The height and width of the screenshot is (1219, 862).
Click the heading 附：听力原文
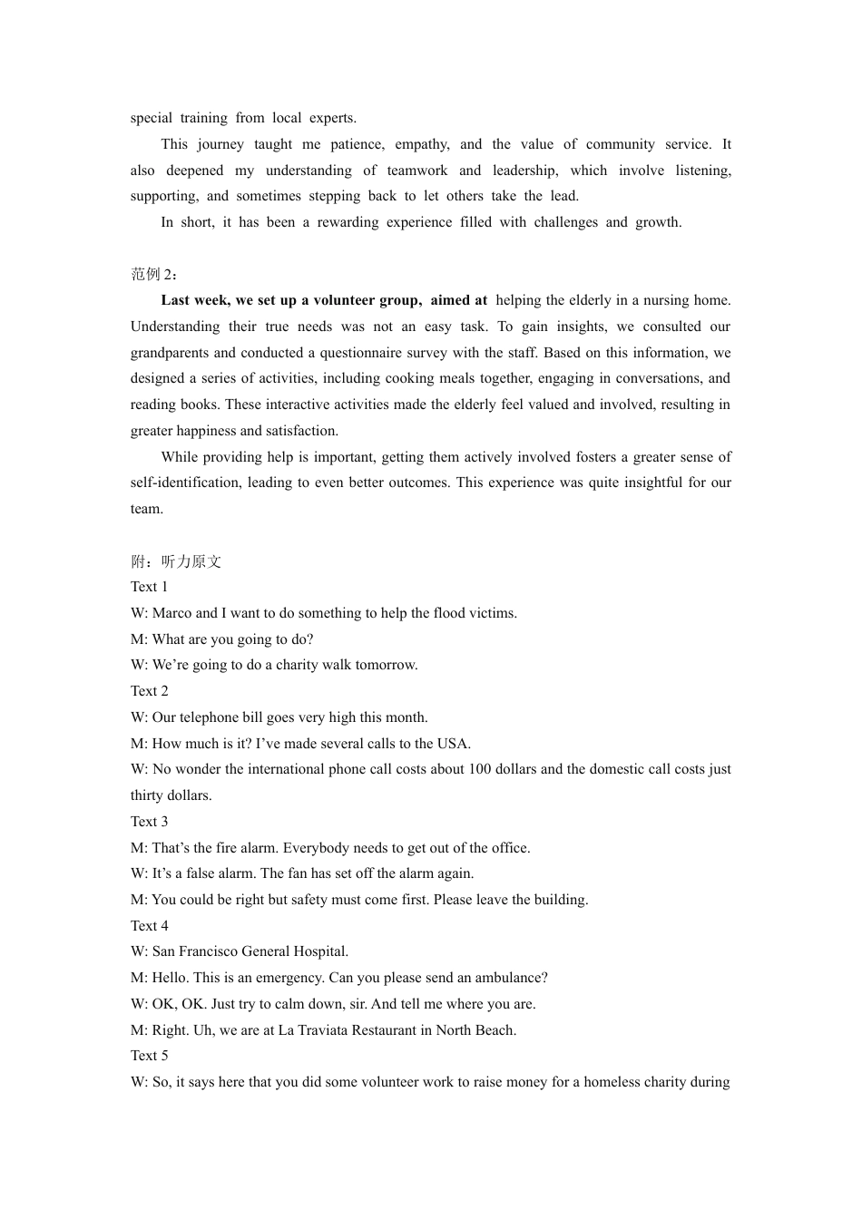point(176,561)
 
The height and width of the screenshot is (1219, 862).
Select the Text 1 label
point(149,587)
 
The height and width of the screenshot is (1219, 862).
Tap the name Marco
point(171,613)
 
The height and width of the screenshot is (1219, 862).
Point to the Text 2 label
point(149,691)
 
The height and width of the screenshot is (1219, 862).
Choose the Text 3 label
point(149,822)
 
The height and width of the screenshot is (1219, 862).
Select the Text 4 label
point(149,926)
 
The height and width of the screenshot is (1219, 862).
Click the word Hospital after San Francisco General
point(320,951)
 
